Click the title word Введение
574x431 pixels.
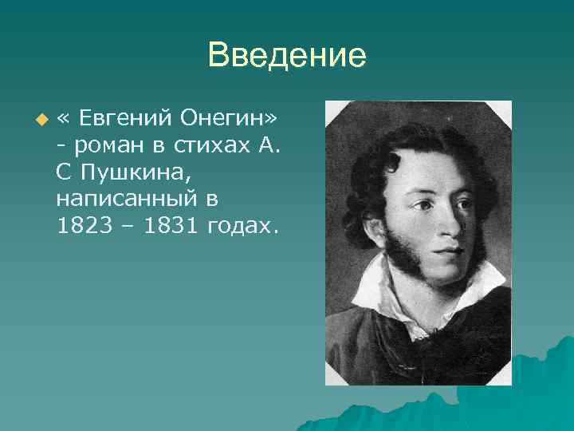tap(286, 56)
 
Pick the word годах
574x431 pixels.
tap(243, 226)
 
